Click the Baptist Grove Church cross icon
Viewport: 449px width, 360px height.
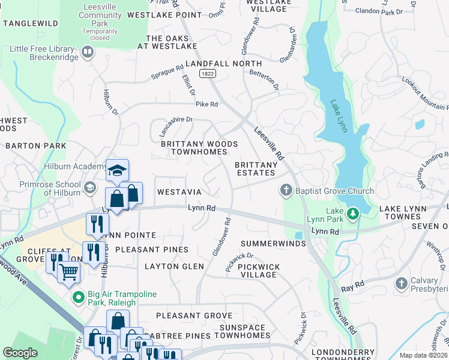point(286,191)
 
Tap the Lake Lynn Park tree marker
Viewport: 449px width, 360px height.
point(354,212)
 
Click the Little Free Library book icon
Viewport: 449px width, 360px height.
point(88,52)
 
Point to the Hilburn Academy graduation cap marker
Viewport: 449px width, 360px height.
point(118,169)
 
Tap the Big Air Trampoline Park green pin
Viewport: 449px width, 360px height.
point(77,296)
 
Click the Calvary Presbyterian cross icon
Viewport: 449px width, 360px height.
point(402,282)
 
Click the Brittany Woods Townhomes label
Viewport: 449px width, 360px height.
point(199,148)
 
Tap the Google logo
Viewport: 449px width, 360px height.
point(20,353)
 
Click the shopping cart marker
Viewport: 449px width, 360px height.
point(69,272)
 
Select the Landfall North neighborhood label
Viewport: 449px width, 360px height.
point(223,63)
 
